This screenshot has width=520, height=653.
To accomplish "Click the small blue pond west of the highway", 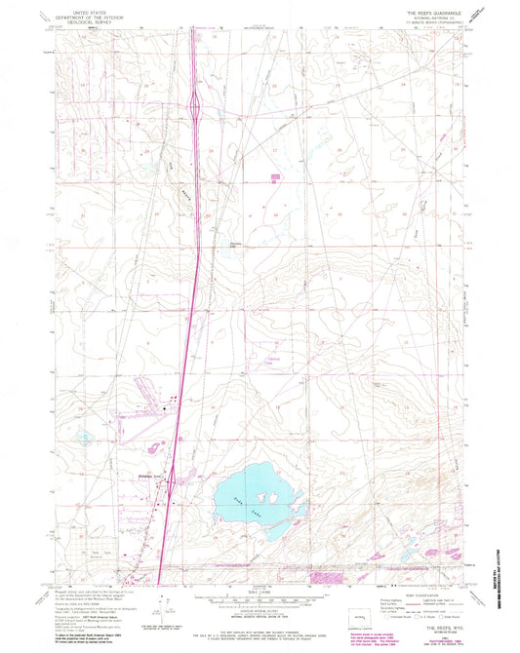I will pyautogui.click(x=86, y=437).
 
